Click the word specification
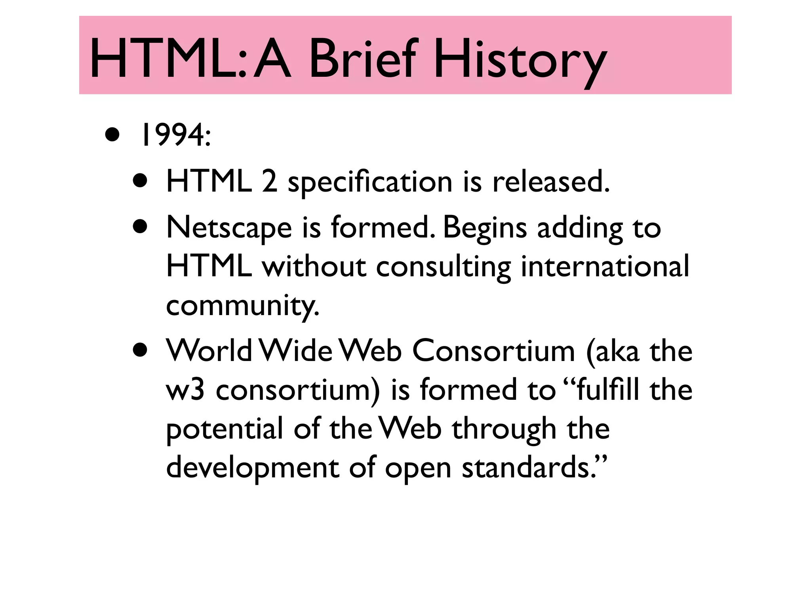[x=370, y=183]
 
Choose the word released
[x=550, y=182]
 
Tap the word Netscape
[x=229, y=229]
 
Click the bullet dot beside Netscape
[x=141, y=228]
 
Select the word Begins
[x=484, y=229]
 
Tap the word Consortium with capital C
[x=493, y=351]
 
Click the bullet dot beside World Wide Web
[x=141, y=350]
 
